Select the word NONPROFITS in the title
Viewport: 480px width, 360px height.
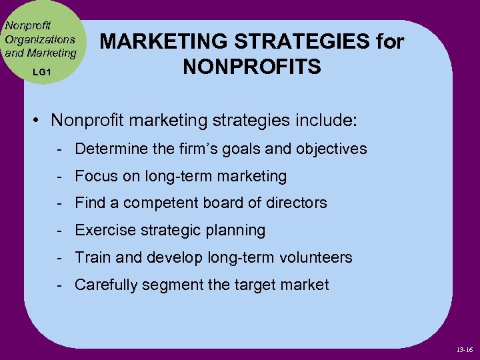pyautogui.click(x=252, y=67)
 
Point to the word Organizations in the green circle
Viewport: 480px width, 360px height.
pyautogui.click(x=40, y=39)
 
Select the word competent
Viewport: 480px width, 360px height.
pyautogui.click(x=173, y=203)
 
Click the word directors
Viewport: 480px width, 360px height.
pyautogui.click(x=295, y=203)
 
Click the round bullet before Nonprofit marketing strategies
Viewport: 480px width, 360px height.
pyautogui.click(x=39, y=121)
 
